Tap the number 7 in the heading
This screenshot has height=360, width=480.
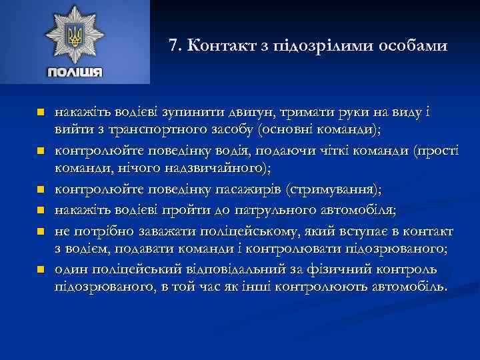point(173,46)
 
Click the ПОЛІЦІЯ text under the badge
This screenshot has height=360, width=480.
point(74,72)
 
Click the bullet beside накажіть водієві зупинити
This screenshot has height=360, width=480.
point(40,112)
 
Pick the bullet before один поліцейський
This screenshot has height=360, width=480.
point(40,271)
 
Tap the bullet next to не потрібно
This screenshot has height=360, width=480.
point(40,231)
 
